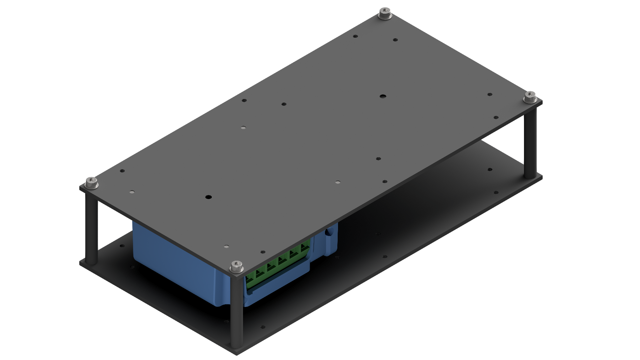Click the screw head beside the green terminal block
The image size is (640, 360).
(236, 266)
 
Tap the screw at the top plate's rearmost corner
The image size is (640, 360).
(385, 14)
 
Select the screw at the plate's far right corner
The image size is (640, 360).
(530, 97)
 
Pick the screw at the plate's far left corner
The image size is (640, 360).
(92, 183)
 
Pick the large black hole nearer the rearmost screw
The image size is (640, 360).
(383, 96)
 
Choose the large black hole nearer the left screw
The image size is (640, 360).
(208, 197)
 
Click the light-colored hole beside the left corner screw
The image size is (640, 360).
(132, 192)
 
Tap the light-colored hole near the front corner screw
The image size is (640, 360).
(226, 247)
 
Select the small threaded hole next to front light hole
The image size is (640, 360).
(263, 252)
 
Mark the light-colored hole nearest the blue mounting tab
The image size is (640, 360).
(338, 182)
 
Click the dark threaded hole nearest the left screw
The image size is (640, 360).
(122, 171)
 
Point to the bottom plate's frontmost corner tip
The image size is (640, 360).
(237, 354)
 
